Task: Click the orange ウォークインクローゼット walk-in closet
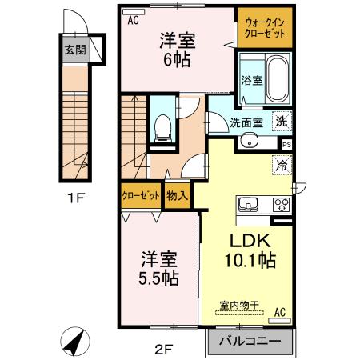pyautogui.click(x=263, y=28)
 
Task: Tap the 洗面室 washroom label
pyautogui.click(x=246, y=122)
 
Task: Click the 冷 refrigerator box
pyautogui.click(x=282, y=166)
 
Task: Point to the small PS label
pyautogui.click(x=286, y=144)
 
